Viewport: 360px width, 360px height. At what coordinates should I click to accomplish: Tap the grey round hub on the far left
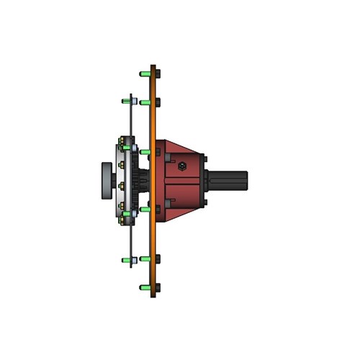click(107, 181)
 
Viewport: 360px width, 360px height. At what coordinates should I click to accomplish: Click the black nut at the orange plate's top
click(158, 73)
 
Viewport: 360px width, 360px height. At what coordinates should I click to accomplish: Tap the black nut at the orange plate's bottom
click(158, 287)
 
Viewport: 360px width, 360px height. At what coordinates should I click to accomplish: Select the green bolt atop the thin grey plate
click(126, 101)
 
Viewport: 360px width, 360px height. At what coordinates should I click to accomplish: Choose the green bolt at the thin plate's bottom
click(126, 259)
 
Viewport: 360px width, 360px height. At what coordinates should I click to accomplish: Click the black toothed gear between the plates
click(138, 181)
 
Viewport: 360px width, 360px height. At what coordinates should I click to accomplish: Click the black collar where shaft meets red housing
click(208, 181)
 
